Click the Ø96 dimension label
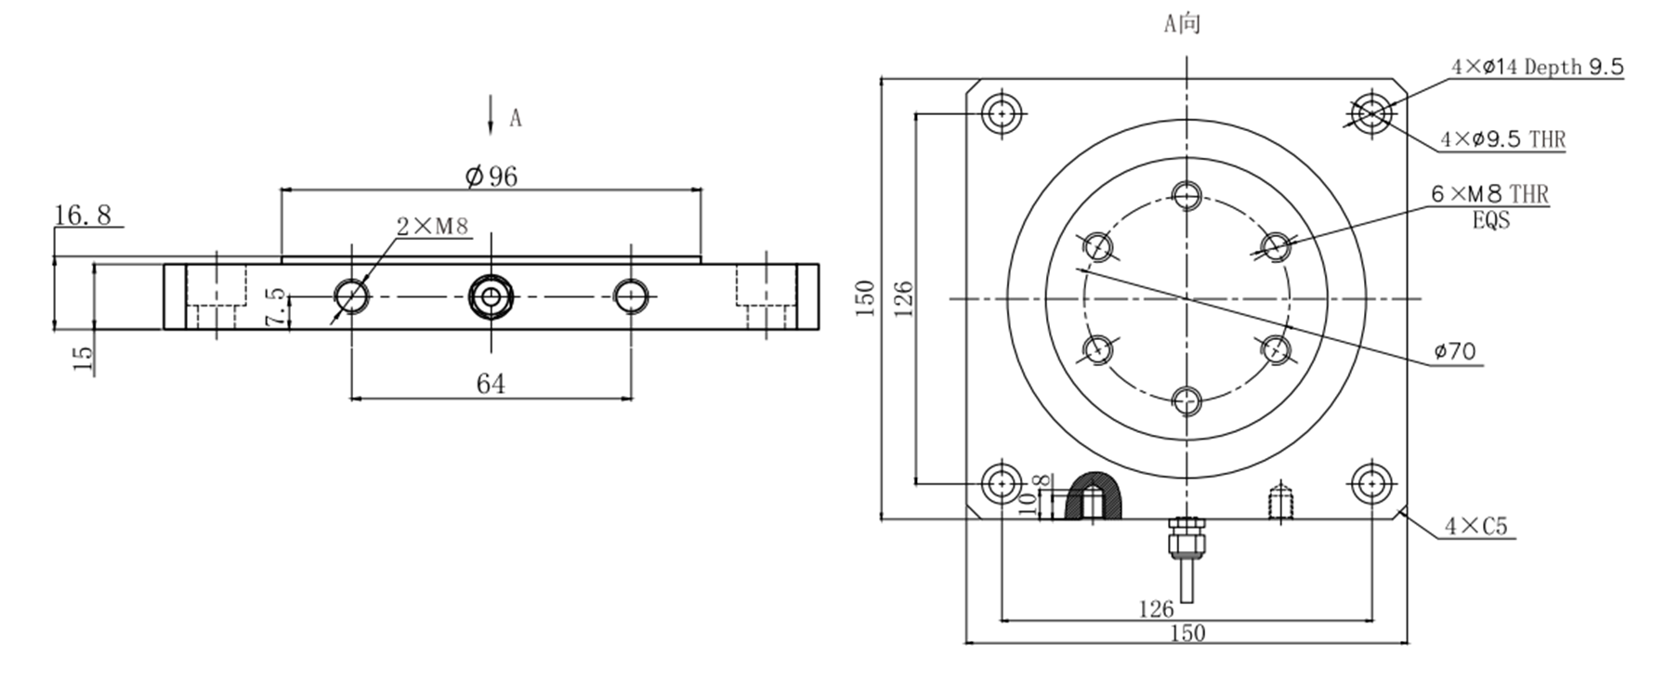(492, 176)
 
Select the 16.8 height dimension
(82, 216)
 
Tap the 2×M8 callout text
(433, 226)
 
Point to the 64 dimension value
(491, 384)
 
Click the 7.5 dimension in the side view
(275, 306)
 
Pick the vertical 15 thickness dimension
(83, 359)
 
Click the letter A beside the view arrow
(516, 118)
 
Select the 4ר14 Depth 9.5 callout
(1537, 67)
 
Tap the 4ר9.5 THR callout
(1502, 139)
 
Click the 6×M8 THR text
(1489, 194)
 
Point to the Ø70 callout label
(1454, 351)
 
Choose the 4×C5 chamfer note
(1475, 527)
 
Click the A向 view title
(1182, 24)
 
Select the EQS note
(1490, 221)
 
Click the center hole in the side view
(491, 296)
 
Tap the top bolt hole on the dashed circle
(1186, 195)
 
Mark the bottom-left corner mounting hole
(1002, 483)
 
